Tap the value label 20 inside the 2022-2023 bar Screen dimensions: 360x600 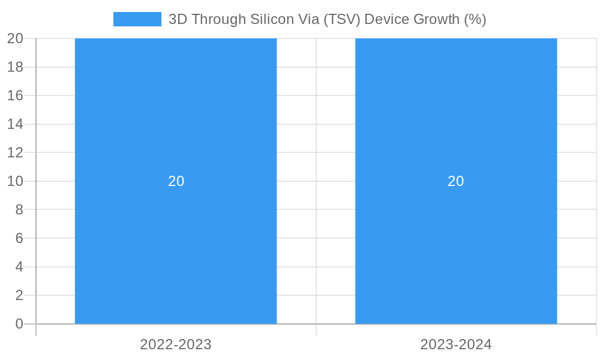[x=176, y=181]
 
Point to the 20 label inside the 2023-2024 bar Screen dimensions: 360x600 [x=456, y=181]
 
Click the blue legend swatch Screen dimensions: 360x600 [x=137, y=19]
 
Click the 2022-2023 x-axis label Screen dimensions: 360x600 [x=176, y=344]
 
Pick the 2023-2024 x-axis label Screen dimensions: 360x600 [x=456, y=344]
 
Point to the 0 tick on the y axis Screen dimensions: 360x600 [x=19, y=324]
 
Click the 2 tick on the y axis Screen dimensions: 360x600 [x=19, y=295]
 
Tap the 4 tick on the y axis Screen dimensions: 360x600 [x=19, y=267]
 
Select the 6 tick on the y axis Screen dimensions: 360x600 [x=19, y=238]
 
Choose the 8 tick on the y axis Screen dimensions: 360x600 [x=19, y=209]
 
